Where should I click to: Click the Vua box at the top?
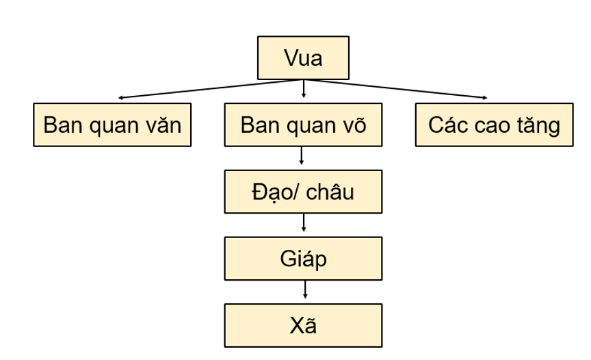(x=303, y=58)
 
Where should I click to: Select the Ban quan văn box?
(x=112, y=125)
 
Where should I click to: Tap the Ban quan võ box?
(x=303, y=125)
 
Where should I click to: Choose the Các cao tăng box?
(x=493, y=125)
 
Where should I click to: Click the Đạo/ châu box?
(x=303, y=192)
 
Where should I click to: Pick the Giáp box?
(x=303, y=259)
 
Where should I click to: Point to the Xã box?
(x=303, y=325)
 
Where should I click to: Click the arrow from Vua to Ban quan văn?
(x=205, y=88)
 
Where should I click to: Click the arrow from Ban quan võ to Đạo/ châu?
(x=303, y=157)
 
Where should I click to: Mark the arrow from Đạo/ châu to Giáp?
(x=303, y=224)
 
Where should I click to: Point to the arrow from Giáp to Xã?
(x=303, y=292)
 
